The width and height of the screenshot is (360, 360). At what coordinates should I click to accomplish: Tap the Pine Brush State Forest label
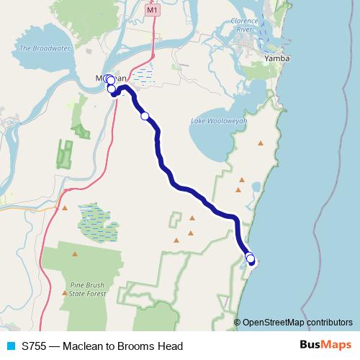pyautogui.click(x=88, y=289)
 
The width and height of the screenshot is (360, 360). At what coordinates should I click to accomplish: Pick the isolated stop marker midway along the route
pyautogui.click(x=145, y=116)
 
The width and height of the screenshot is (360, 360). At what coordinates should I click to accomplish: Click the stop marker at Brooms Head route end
pyautogui.click(x=251, y=260)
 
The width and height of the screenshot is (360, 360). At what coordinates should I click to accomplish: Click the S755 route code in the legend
pyautogui.click(x=35, y=346)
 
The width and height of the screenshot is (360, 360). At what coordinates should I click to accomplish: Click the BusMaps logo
pyautogui.click(x=326, y=346)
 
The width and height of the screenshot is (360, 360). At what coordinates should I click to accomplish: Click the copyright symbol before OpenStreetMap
pyautogui.click(x=237, y=323)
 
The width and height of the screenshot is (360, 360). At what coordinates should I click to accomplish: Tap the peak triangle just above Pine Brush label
pyautogui.click(x=76, y=253)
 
